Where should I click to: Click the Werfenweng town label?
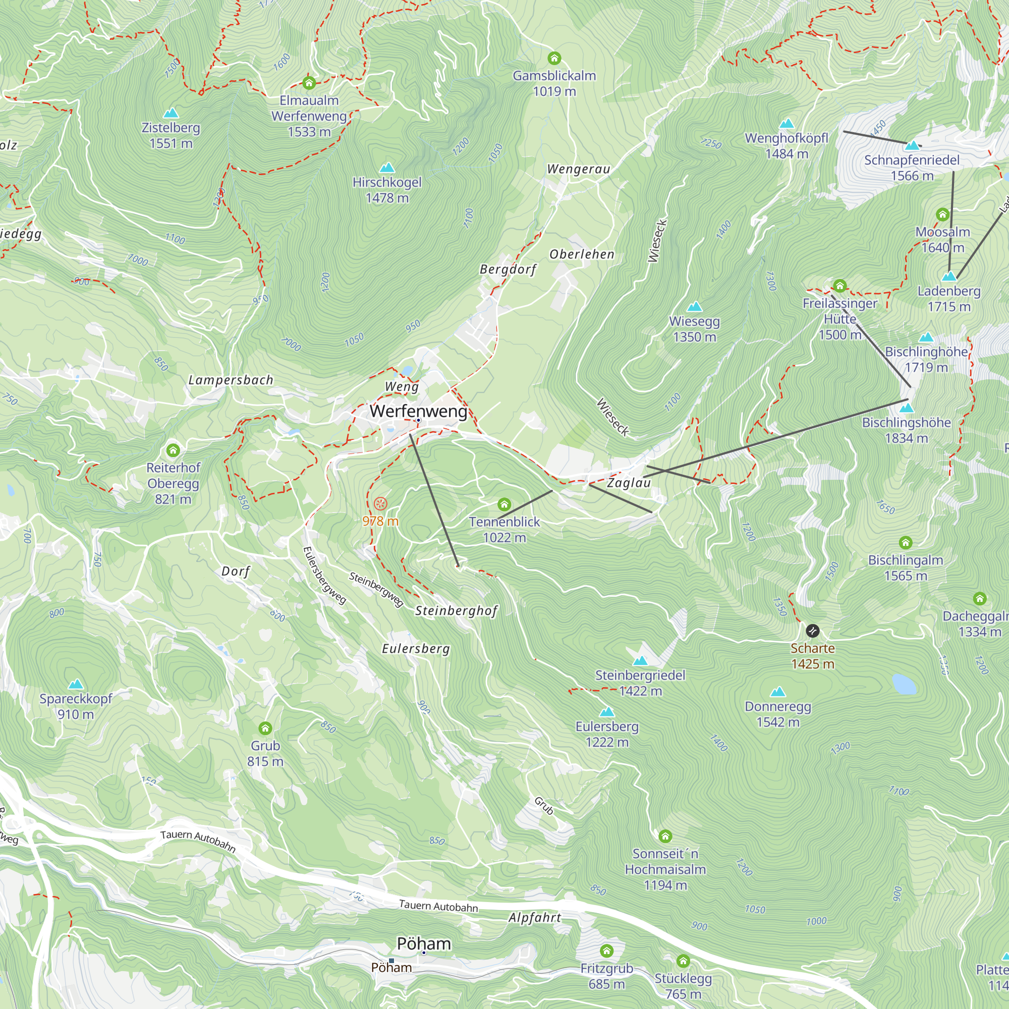tap(418, 411)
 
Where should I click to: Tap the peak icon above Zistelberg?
tap(171, 114)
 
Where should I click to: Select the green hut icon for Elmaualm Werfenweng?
tap(309, 83)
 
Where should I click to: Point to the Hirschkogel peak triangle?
tap(387, 167)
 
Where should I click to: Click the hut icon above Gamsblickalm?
tap(554, 58)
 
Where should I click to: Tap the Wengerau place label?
tap(578, 169)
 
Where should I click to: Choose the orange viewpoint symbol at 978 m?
tap(381, 504)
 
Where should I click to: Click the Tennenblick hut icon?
tap(504, 504)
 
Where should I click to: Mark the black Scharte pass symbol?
tap(813, 631)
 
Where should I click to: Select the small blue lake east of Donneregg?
tap(905, 684)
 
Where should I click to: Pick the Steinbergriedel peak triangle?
tap(640, 661)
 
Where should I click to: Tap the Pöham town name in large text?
tap(424, 944)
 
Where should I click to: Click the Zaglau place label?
tap(629, 483)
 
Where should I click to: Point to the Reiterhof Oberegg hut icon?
tap(173, 450)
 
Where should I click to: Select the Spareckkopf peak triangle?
tap(76, 684)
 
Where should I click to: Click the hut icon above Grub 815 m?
tap(265, 728)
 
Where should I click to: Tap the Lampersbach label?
tap(231, 380)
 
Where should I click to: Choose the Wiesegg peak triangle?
tap(695, 307)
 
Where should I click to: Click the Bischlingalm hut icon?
tap(906, 543)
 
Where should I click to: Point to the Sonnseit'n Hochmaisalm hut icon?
tap(665, 836)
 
